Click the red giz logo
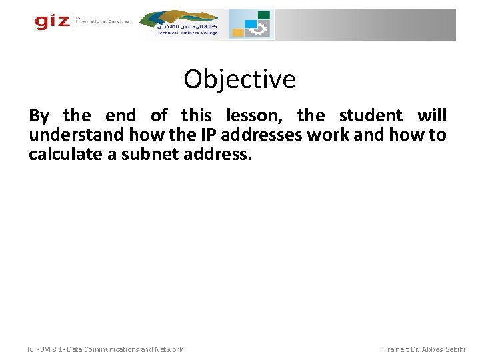click(52, 22)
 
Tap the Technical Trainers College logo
click(187, 24)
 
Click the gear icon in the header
click(259, 29)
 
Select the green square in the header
click(264, 15)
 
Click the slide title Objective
click(239, 79)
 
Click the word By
click(39, 116)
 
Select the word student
click(371, 116)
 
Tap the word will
click(432, 116)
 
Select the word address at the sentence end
click(216, 155)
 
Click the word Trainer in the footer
click(398, 349)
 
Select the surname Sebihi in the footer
click(455, 349)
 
